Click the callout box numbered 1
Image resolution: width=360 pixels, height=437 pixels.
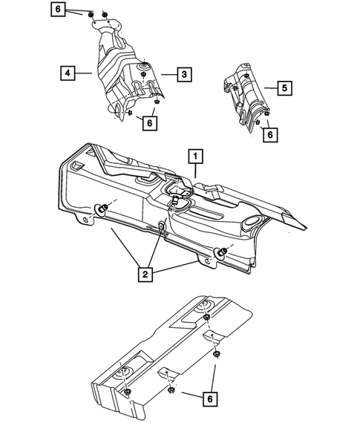(195, 157)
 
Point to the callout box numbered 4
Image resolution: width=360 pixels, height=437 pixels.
(68, 73)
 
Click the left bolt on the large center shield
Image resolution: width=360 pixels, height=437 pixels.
(103, 206)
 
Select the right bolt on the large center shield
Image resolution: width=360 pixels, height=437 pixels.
(220, 252)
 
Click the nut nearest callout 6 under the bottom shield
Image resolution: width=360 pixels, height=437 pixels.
(171, 390)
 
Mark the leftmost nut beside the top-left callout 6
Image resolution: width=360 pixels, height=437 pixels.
(89, 13)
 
